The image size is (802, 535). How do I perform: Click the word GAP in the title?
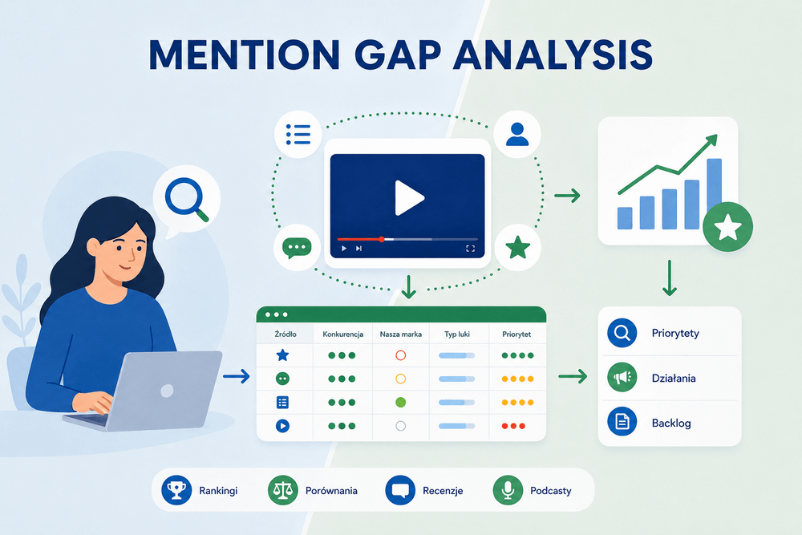[x=397, y=55]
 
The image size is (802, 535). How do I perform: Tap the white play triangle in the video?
[x=409, y=197]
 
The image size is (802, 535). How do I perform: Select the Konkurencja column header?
[x=342, y=334]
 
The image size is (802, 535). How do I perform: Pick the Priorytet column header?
[x=516, y=334]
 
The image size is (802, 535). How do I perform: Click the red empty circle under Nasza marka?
[x=400, y=355]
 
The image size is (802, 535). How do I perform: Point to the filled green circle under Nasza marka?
[x=400, y=402]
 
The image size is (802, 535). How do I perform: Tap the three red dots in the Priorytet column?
[x=513, y=426]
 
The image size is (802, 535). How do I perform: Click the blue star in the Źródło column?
[x=282, y=355]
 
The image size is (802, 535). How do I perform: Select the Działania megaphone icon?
[x=622, y=378]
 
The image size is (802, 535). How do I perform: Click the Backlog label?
[x=671, y=423]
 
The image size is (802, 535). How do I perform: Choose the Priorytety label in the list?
[x=675, y=334]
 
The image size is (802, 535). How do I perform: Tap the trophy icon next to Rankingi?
[x=176, y=490]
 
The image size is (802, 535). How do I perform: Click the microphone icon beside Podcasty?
[x=508, y=490]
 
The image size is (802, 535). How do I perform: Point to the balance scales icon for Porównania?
[x=283, y=490]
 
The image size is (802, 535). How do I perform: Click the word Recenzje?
[x=443, y=491]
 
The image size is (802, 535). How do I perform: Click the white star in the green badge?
[x=728, y=227]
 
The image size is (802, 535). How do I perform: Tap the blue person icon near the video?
[x=517, y=134]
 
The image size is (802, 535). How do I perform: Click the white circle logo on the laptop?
[x=167, y=391]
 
